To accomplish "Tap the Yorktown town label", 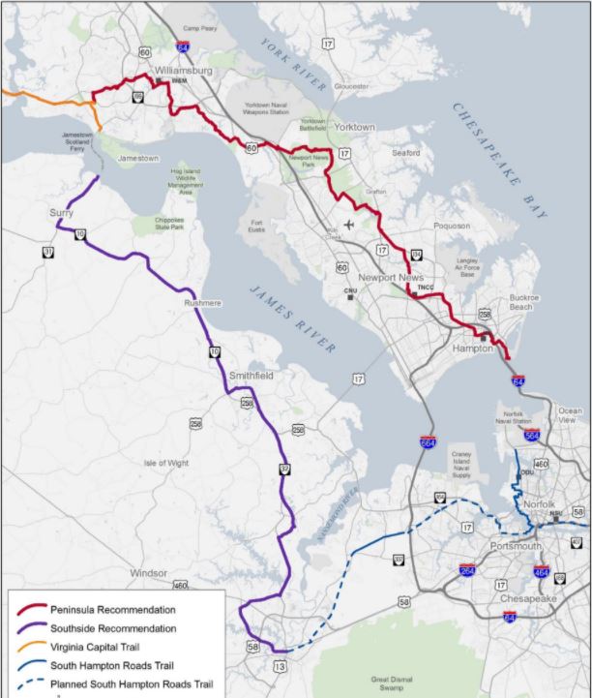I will [x=355, y=127].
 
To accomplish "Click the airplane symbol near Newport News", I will [x=348, y=226].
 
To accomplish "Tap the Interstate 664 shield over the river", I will [x=427, y=442].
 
